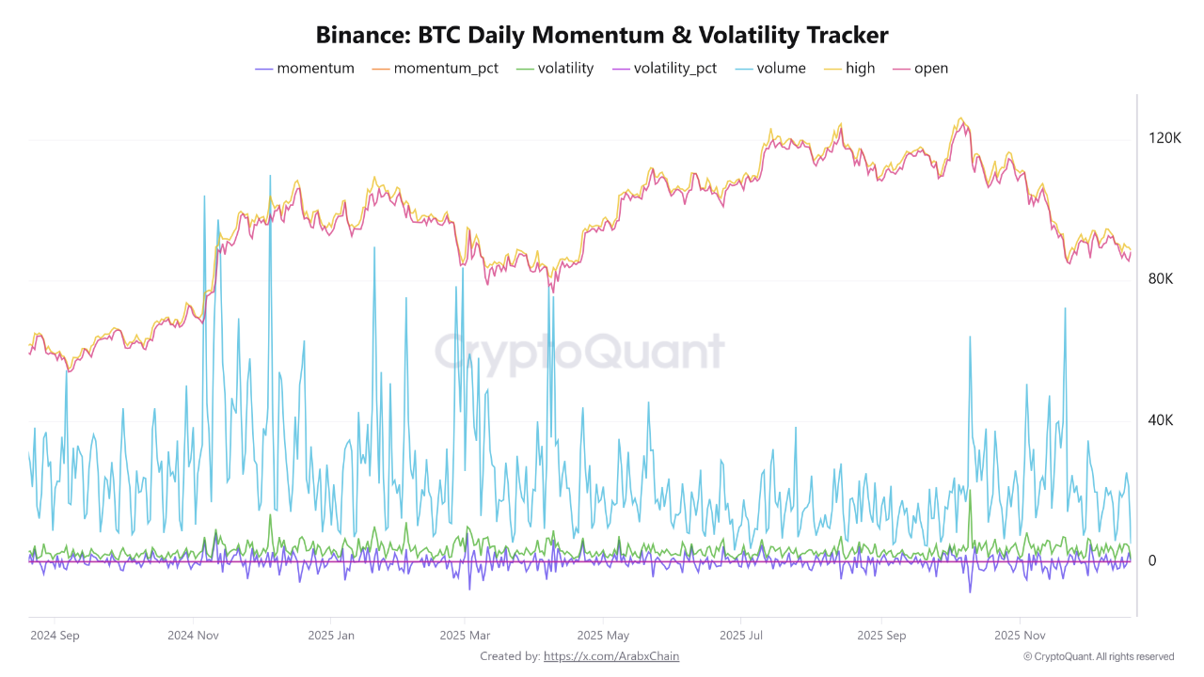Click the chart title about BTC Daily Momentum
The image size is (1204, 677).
602,36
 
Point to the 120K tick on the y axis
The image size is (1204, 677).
1164,138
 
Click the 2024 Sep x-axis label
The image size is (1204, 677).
55,635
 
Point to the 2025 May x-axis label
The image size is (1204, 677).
603,635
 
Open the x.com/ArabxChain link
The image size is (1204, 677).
611,656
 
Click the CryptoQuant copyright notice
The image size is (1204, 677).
1098,656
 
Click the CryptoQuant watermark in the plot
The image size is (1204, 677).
578,353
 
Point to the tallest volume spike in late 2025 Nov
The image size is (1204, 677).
1065,308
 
